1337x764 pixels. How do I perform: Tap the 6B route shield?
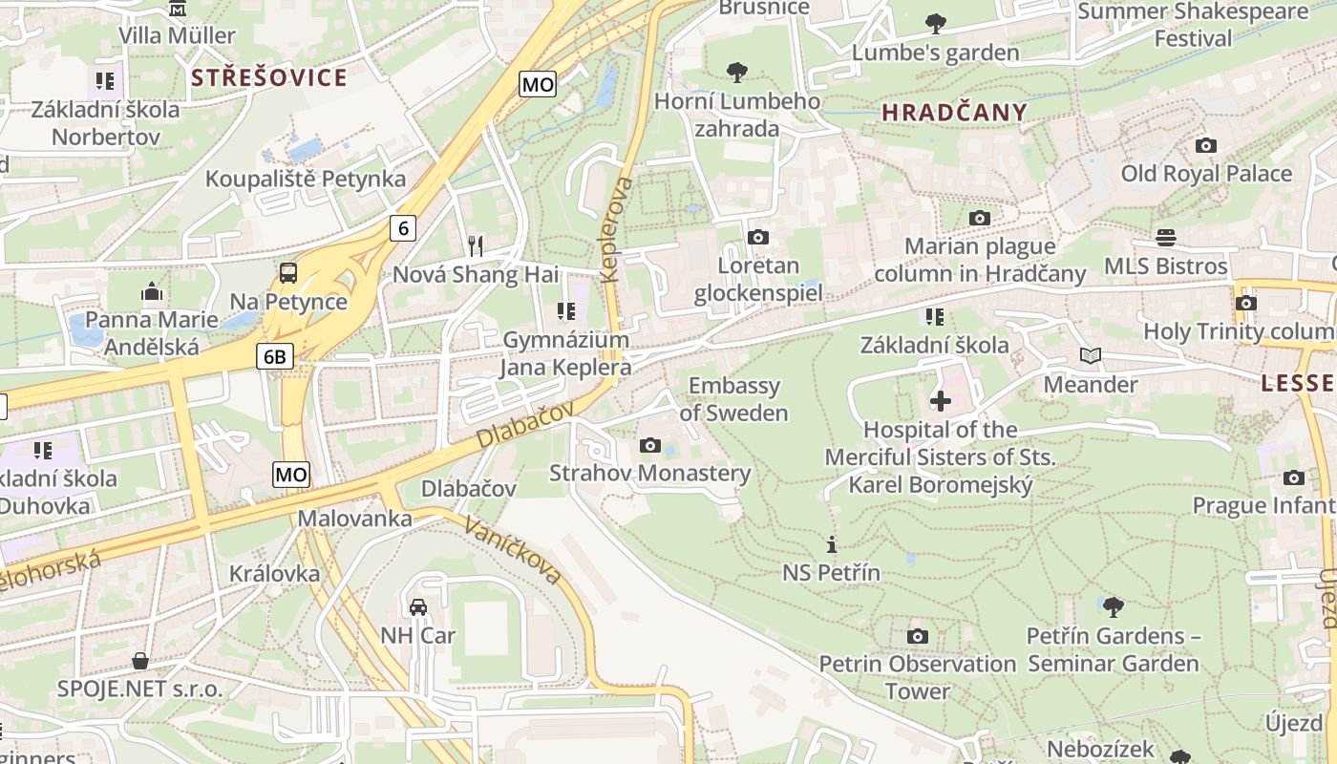click(274, 356)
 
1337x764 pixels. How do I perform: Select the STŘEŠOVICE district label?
click(269, 77)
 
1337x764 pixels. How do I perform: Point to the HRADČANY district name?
click(954, 113)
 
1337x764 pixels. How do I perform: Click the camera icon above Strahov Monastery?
click(650, 445)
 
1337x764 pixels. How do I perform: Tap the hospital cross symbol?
click(941, 401)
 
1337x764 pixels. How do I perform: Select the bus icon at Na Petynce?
click(288, 273)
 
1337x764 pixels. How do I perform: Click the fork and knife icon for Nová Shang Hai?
click(476, 246)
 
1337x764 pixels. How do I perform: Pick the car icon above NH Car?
click(418, 607)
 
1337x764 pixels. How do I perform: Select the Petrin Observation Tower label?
click(917, 676)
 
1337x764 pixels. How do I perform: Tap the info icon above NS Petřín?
click(832, 544)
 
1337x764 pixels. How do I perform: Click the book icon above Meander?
click(1091, 356)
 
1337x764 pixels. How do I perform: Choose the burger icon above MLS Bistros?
click(1165, 237)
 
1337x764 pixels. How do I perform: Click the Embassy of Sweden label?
click(733, 399)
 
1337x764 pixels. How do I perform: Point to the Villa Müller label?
click(177, 35)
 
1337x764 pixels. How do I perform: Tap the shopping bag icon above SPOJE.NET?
click(140, 661)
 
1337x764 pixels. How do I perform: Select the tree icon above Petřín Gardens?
click(1113, 606)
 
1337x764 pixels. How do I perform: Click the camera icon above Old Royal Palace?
click(1206, 145)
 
